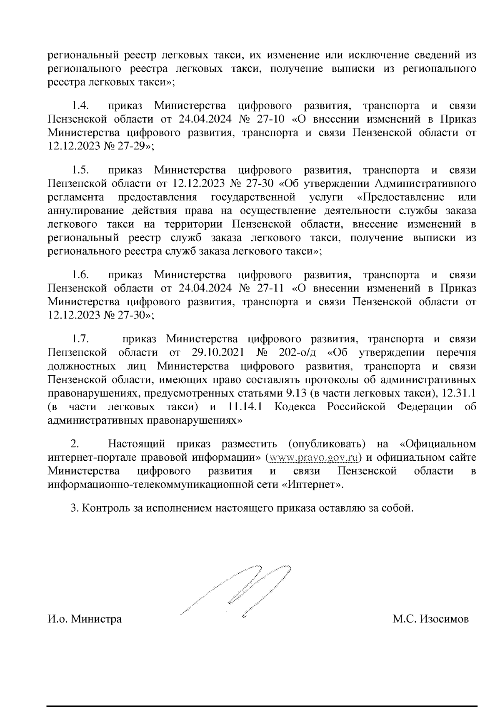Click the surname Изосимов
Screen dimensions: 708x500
tap(444, 619)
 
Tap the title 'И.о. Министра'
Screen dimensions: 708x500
tap(85, 619)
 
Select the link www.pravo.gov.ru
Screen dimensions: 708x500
tap(313, 457)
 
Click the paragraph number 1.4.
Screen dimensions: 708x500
tap(79, 105)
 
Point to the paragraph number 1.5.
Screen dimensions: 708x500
tap(79, 170)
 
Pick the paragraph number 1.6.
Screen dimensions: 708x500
tap(79, 275)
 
